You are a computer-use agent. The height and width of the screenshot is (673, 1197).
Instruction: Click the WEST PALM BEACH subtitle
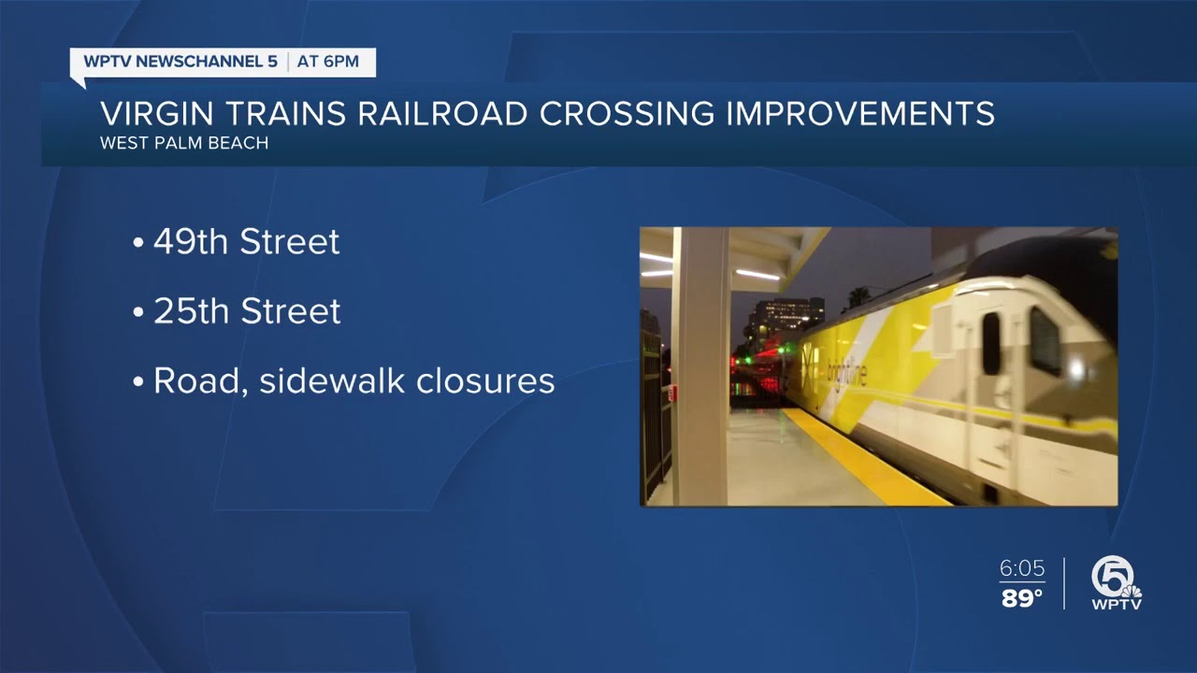184,144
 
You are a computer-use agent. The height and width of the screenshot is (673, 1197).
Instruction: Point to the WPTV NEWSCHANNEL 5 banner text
180,62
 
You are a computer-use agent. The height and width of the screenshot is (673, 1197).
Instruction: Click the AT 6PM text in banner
328,62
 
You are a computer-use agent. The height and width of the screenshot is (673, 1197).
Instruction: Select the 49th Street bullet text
246,242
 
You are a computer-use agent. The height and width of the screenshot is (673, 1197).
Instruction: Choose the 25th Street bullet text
247,311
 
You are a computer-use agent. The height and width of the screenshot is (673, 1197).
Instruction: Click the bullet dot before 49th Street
138,244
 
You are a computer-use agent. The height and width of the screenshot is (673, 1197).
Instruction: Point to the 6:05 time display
1021,568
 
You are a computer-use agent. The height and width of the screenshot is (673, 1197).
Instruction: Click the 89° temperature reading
1021,598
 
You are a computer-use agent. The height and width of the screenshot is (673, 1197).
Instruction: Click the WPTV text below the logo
1117,604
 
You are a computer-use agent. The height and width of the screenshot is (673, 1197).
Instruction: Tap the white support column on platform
700,365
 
